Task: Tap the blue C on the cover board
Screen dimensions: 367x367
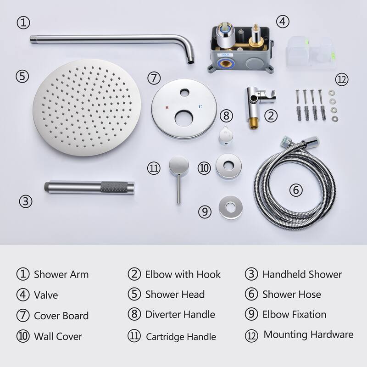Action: (200, 107)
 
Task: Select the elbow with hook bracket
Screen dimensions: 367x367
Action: (255, 103)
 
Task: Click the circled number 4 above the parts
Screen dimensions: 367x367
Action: (283, 21)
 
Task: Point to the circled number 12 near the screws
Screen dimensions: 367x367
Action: (341, 79)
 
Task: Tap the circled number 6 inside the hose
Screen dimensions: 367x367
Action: (296, 189)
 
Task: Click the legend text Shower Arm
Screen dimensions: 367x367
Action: (61, 274)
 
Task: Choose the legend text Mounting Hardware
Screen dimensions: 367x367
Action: (308, 334)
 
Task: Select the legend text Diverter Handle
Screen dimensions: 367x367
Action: (180, 314)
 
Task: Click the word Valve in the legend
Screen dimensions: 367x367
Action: (46, 295)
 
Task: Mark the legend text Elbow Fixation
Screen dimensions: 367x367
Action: (294, 314)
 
